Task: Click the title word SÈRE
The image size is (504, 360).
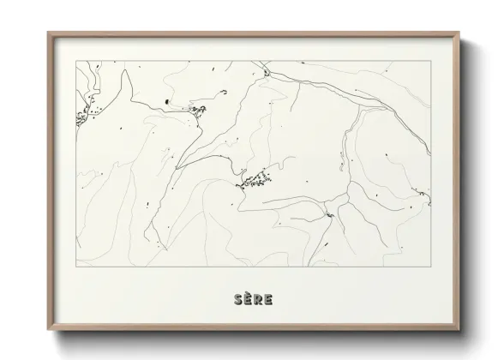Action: click(x=253, y=299)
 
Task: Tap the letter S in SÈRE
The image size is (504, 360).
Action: click(x=237, y=299)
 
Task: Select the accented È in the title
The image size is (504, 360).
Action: click(x=248, y=299)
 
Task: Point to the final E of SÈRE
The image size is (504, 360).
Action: click(x=268, y=299)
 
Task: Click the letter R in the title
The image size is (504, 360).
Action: click(x=258, y=299)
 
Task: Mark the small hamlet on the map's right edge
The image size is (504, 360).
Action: click(x=421, y=196)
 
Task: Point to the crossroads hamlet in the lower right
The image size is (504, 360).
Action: click(x=329, y=214)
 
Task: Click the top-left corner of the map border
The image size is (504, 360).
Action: click(x=75, y=61)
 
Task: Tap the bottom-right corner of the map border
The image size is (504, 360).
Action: click(x=431, y=265)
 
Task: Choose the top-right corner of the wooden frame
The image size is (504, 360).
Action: click(x=459, y=33)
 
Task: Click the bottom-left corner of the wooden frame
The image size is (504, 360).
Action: click(x=48, y=331)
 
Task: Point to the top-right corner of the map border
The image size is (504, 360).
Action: click(x=431, y=61)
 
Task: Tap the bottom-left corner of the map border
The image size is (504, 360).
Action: click(x=75, y=265)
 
